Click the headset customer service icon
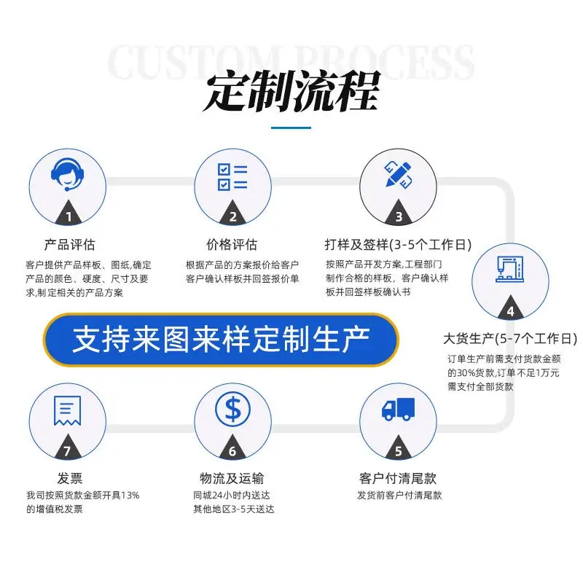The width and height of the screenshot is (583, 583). [x=67, y=175]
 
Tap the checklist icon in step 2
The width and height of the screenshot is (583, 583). [x=232, y=177]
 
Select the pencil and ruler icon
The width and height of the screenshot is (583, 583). [x=398, y=174]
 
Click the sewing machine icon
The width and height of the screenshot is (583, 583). [x=509, y=269]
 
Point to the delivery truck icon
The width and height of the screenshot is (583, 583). [x=398, y=410]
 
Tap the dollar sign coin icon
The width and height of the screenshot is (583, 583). [x=232, y=410]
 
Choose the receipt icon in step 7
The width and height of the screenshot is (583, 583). [x=67, y=410]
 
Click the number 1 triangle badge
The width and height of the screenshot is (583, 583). [x=69, y=213]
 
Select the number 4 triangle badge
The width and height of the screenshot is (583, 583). [x=511, y=308]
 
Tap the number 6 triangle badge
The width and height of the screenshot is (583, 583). [x=232, y=447]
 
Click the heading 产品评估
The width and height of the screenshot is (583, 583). [x=69, y=245]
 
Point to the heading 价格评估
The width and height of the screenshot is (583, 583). [x=232, y=245]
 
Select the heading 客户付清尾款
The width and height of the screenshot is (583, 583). [x=398, y=478]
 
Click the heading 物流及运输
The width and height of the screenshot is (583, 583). [x=232, y=478]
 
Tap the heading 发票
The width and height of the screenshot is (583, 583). [x=69, y=478]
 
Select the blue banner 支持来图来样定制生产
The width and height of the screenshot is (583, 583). [x=221, y=340]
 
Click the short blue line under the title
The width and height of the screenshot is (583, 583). [x=291, y=128]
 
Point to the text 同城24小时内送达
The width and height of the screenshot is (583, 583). [x=231, y=496]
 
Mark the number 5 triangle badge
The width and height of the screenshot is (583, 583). [x=398, y=447]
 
